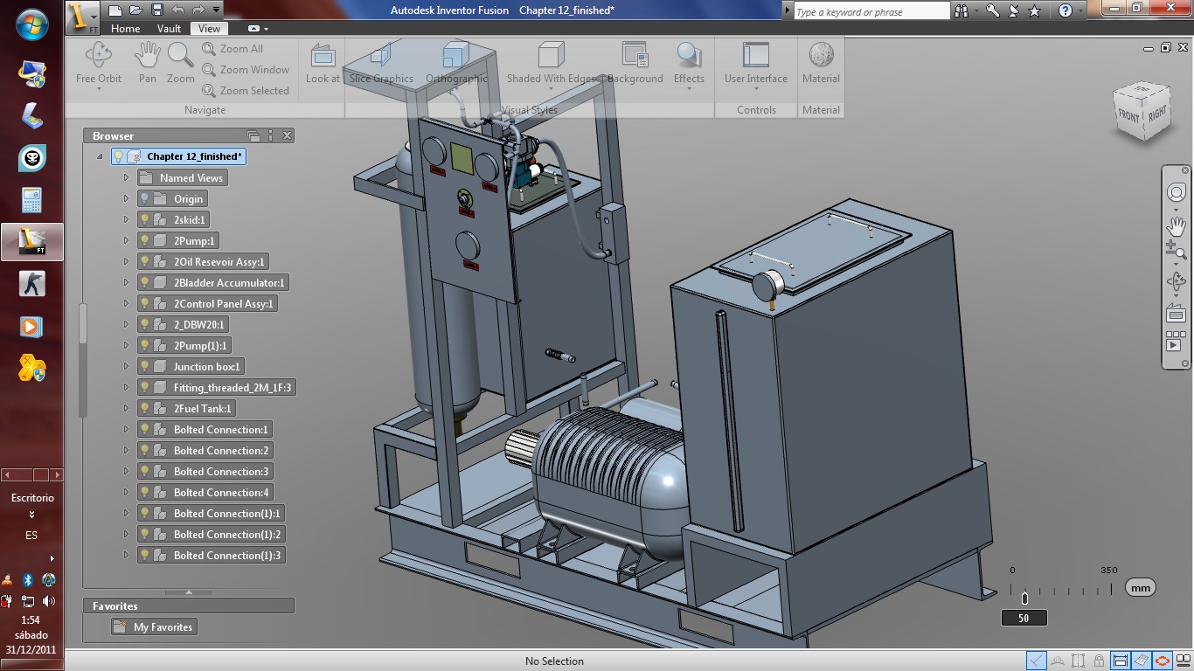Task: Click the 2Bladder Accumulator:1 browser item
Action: tap(229, 282)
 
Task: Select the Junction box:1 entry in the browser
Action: tap(206, 366)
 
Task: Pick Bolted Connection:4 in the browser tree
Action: tap(220, 492)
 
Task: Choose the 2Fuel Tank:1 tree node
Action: tap(203, 408)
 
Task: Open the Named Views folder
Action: tap(191, 177)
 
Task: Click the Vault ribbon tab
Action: tap(169, 28)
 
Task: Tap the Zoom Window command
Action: tap(253, 70)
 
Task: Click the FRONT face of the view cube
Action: tap(1129, 115)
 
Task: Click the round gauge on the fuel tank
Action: tap(767, 287)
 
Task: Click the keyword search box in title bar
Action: tap(871, 11)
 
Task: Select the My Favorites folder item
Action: tap(163, 626)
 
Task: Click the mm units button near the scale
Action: tap(1140, 588)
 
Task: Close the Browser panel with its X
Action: tap(287, 135)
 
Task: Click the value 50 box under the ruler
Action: tap(1024, 618)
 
